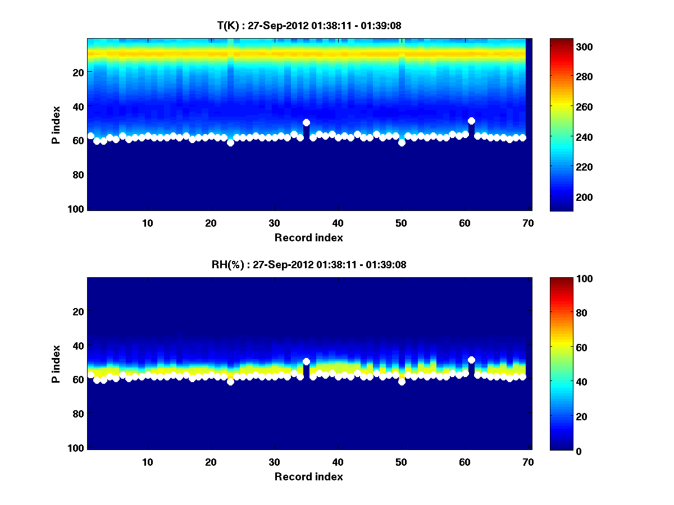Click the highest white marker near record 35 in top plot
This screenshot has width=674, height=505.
click(306, 122)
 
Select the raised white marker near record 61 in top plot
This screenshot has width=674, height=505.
click(471, 121)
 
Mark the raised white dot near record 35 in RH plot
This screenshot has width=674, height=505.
click(306, 362)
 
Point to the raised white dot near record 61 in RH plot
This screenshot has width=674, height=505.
click(471, 360)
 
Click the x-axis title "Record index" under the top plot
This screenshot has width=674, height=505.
click(308, 238)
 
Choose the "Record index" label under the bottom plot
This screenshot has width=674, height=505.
click(308, 477)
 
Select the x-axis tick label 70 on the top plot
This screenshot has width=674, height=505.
click(528, 223)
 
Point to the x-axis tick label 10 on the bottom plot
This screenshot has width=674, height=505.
click(147, 462)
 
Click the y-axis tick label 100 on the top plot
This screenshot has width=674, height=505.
click(77, 209)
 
